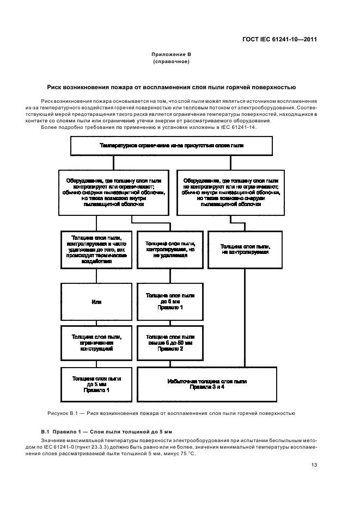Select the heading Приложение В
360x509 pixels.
[171, 55]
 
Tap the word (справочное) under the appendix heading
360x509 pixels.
[171, 61]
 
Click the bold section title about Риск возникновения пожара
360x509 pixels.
[171, 87]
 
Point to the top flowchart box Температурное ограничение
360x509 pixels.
[172, 146]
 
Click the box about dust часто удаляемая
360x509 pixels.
[96, 249]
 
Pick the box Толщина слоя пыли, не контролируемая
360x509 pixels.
[245, 249]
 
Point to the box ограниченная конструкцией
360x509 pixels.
[96, 342]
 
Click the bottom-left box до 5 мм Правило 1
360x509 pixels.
[96, 384]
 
